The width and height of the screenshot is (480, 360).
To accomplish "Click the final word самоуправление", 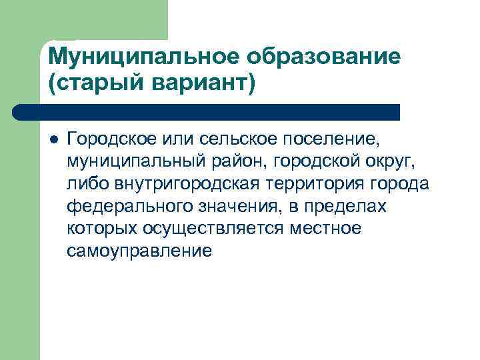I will click(139, 251).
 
